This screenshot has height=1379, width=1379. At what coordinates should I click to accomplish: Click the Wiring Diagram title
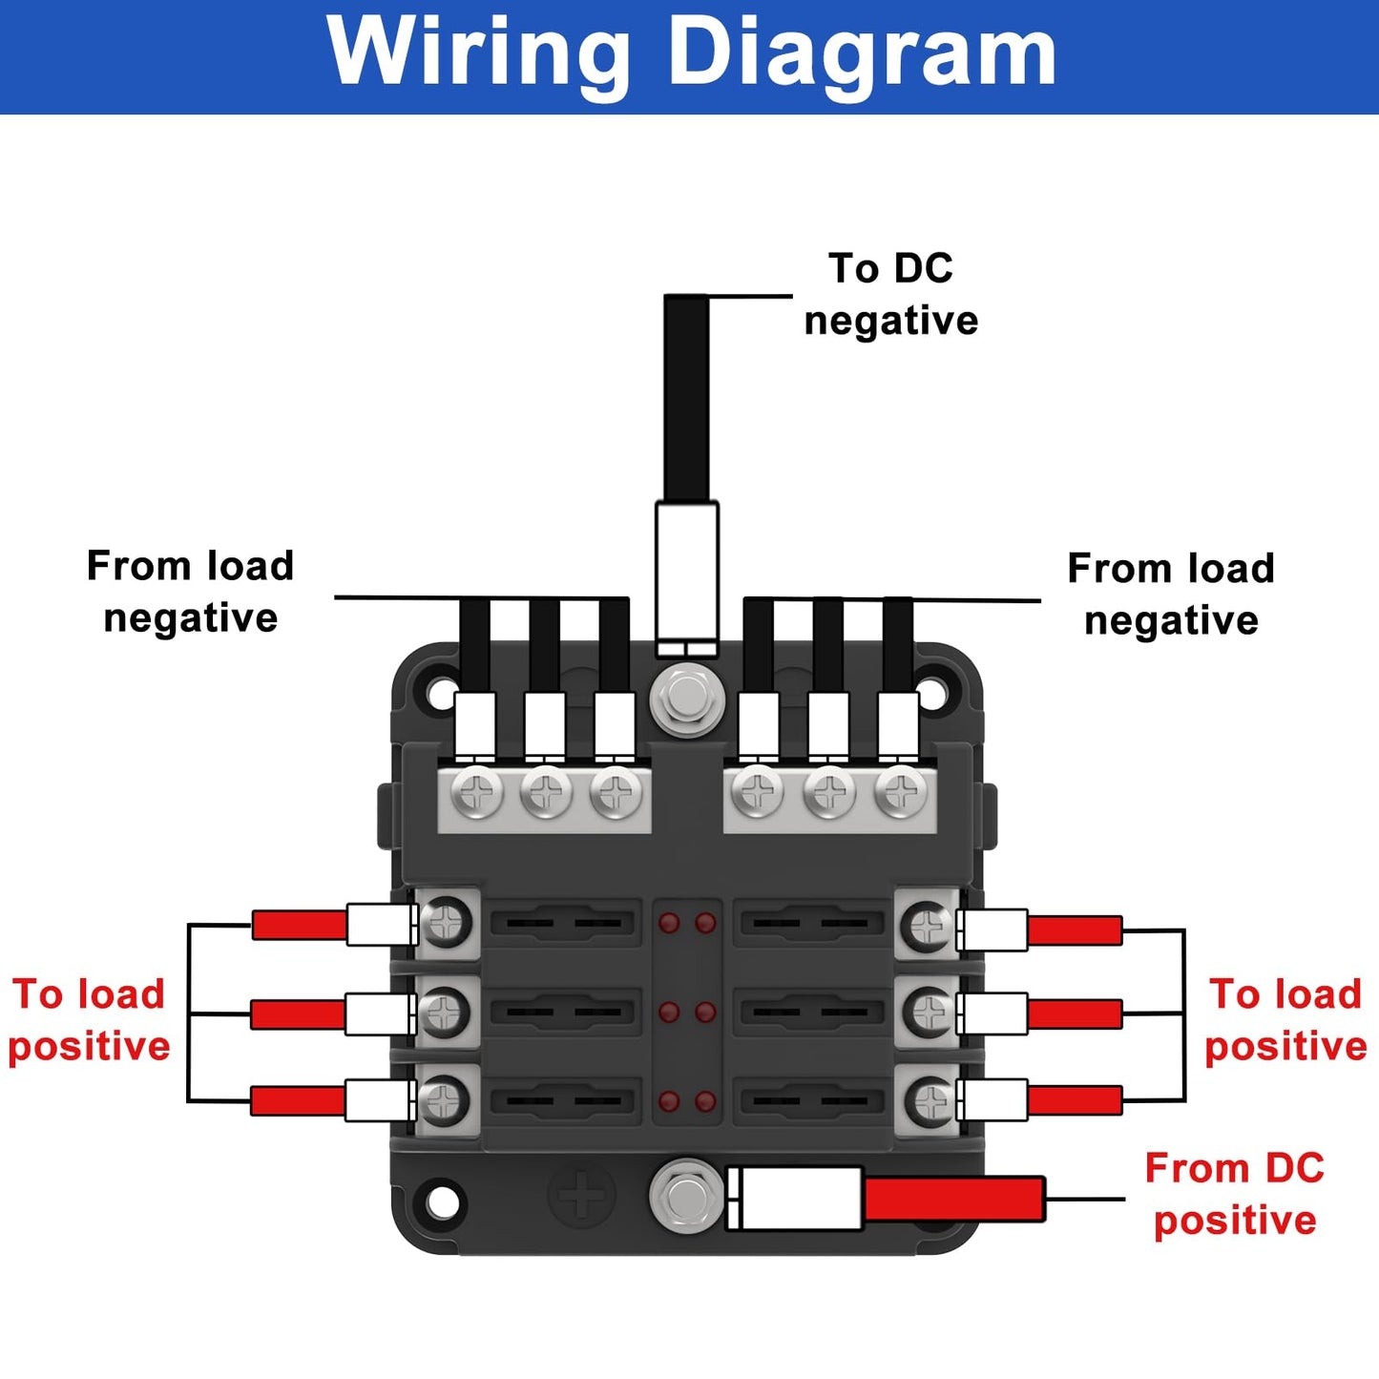pos(691,53)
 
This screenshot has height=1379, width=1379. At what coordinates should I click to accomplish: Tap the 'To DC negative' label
pos(890,294)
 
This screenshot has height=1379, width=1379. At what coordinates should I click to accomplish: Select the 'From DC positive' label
pos(1234,1194)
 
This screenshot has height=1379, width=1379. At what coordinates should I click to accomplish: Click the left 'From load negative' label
pos(190,592)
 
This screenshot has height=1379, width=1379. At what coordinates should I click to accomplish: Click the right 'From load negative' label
pos(1171,594)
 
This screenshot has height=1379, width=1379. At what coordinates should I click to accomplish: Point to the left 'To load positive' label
pos(89,1020)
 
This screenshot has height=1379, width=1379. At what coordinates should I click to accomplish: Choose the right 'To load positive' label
pos(1285,1020)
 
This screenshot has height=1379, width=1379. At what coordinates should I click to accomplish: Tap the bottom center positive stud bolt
pos(685,1194)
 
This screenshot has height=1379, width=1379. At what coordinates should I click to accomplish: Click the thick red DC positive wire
pos(954,1199)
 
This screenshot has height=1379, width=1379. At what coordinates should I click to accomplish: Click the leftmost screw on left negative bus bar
pos(476,792)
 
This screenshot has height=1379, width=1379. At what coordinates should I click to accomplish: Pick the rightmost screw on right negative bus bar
pos(900,792)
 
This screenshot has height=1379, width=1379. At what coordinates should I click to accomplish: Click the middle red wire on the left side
pos(298,1013)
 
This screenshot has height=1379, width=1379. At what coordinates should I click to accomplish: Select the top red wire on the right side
pos(1075,930)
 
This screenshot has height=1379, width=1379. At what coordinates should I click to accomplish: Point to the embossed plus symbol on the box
pos(581,1194)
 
